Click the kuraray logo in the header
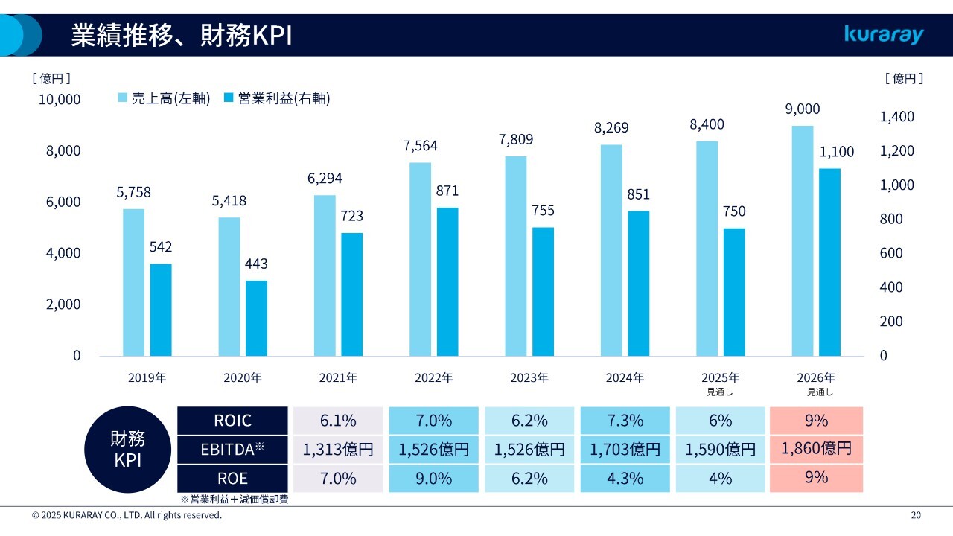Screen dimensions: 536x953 (x=884, y=35)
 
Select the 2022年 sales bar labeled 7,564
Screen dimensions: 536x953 (x=421, y=259)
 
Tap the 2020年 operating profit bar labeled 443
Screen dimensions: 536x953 (x=256, y=318)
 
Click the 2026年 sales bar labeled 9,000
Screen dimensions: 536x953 (x=803, y=240)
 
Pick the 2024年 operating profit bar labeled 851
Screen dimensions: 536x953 (x=638, y=283)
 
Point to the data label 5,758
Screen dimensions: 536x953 (x=133, y=192)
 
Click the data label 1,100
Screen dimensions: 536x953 (x=837, y=152)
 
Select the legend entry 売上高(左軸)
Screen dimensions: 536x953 (x=164, y=98)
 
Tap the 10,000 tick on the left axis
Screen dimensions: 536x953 (x=60, y=99)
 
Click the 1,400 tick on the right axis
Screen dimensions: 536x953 (x=898, y=117)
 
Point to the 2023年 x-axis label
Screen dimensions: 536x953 (x=529, y=378)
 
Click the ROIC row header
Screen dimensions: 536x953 (x=232, y=421)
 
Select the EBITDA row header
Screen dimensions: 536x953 (x=232, y=449)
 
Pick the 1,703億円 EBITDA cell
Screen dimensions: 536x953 (x=625, y=450)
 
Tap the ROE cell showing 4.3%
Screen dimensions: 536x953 (x=625, y=479)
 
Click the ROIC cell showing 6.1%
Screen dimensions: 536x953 (x=338, y=421)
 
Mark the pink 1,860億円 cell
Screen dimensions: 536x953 (x=816, y=449)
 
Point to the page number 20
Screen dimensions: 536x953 (x=916, y=515)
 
